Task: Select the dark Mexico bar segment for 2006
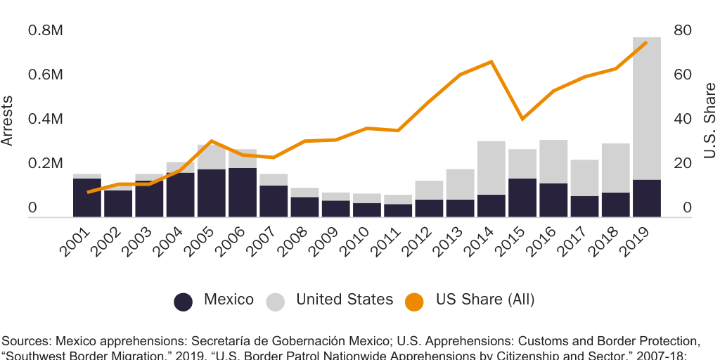pos(243,192)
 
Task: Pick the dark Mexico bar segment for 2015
pos(522,198)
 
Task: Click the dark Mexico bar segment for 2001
pos(87,198)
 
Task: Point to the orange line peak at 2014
pos(491,62)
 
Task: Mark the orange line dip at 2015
pos(522,119)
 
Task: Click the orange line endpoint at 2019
pos(646,43)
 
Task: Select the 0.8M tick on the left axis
pos(46,31)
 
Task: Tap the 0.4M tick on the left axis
pos(46,120)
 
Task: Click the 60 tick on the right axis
pos(683,75)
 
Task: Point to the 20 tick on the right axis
pos(683,164)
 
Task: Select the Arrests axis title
pos(8,120)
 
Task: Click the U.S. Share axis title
pos(709,120)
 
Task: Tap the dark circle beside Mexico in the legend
pos(184,301)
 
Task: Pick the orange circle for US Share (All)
pos(414,301)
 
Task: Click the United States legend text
pos(345,300)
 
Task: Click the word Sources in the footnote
pos(26,342)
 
